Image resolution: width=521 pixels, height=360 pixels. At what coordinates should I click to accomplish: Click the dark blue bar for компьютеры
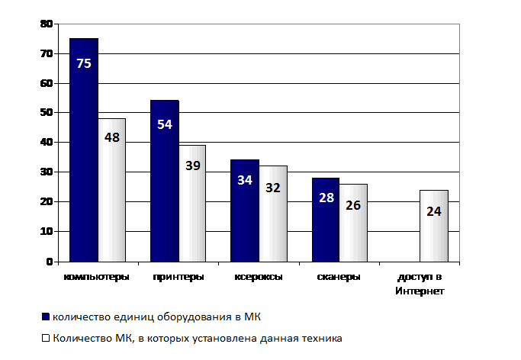84,150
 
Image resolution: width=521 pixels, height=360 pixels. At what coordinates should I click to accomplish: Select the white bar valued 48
112,190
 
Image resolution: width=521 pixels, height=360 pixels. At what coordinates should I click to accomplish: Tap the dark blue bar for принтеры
165,181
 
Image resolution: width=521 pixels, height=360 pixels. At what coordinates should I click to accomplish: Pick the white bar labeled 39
192,204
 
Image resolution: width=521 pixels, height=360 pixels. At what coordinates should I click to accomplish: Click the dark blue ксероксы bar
245,211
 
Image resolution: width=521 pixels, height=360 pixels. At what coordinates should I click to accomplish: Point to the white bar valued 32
273,214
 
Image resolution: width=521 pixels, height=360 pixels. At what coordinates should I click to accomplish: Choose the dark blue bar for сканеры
326,220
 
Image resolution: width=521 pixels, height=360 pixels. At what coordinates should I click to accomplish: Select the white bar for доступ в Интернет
434,226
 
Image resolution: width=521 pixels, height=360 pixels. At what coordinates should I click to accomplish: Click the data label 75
84,63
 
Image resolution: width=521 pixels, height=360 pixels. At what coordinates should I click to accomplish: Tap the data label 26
353,205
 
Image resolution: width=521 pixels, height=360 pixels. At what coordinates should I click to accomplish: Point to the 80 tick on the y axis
47,24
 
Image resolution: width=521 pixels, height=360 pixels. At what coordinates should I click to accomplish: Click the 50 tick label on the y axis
47,113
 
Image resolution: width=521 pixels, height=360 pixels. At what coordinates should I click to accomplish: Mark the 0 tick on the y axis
50,262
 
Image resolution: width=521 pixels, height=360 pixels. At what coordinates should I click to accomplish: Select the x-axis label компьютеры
96,277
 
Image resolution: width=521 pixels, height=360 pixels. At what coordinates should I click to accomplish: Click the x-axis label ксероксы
259,277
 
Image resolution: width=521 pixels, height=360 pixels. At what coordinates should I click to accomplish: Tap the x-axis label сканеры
339,277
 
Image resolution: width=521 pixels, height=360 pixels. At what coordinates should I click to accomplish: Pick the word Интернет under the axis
420,291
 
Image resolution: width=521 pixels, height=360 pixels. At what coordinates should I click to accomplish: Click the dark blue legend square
46,317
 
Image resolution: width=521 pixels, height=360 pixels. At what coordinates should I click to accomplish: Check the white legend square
46,338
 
